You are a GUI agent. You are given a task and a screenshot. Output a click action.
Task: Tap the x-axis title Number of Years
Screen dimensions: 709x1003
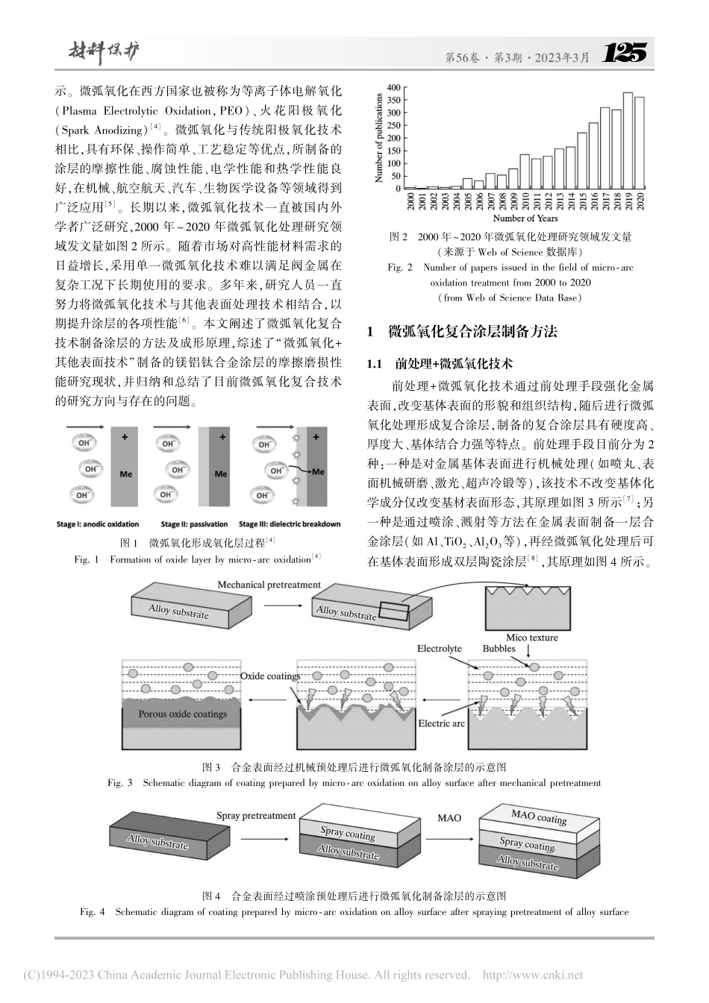click(x=525, y=218)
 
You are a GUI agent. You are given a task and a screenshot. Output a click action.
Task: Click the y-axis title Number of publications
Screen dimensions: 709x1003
click(x=379, y=138)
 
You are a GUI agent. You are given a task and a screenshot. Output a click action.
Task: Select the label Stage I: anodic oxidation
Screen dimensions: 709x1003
click(x=97, y=523)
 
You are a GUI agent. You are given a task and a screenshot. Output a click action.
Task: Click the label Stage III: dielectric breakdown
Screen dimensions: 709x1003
click(x=290, y=523)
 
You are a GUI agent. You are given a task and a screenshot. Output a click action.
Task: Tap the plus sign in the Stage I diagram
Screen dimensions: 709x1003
click(x=125, y=436)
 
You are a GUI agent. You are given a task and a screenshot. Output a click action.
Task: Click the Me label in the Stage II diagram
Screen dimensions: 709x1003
click(x=221, y=474)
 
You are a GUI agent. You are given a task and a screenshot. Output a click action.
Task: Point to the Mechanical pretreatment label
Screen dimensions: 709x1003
click(x=269, y=585)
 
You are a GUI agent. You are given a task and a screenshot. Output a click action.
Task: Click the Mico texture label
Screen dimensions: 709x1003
click(x=531, y=637)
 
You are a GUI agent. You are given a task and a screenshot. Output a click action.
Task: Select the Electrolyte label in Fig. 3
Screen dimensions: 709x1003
click(x=439, y=649)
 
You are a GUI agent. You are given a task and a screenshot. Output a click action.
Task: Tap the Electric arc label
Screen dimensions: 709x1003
click(x=441, y=723)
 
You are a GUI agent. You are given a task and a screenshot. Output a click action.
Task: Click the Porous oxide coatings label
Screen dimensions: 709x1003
click(x=182, y=714)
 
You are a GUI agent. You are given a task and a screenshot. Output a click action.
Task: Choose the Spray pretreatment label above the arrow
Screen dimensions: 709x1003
click(x=256, y=816)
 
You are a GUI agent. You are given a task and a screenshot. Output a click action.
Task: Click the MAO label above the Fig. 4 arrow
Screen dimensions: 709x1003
click(x=449, y=817)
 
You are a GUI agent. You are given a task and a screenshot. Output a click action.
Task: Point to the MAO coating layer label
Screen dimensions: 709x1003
click(x=539, y=817)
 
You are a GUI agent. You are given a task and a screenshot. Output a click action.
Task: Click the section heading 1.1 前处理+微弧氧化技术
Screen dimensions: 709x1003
click(x=440, y=364)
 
